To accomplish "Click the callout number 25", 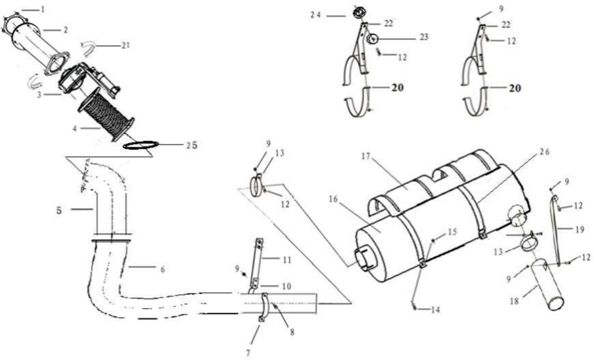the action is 192,145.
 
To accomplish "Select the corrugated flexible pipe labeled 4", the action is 106,115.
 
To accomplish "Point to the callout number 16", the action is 333,199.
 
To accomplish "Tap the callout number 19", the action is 580,229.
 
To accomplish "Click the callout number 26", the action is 544,152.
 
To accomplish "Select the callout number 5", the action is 59,211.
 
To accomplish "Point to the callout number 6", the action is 162,269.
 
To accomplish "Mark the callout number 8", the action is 292,333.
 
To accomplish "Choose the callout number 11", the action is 287,260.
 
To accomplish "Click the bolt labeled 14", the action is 415,307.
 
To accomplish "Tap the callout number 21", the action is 125,46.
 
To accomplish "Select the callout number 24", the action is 316,15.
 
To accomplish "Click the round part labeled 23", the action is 372,38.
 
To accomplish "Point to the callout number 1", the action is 43,9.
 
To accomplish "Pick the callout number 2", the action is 65,29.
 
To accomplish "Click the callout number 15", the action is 452,232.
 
